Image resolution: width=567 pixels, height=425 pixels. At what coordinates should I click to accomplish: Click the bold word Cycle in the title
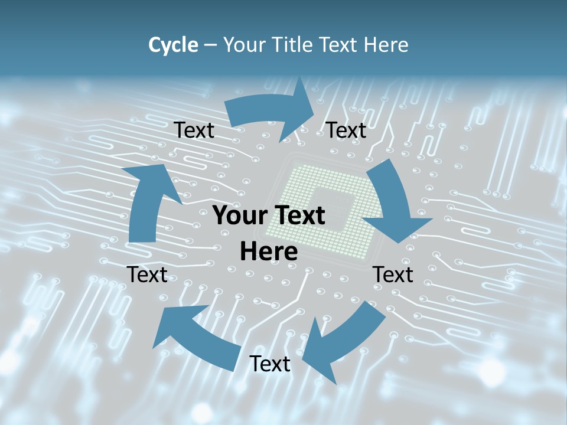(x=173, y=45)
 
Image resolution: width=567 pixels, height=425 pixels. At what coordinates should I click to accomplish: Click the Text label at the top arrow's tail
(x=194, y=130)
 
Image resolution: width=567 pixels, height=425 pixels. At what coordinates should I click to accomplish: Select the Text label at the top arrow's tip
(x=346, y=130)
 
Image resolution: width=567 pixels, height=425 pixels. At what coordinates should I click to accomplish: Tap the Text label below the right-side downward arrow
(x=393, y=274)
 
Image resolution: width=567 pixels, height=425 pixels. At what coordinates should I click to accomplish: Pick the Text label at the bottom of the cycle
(x=270, y=364)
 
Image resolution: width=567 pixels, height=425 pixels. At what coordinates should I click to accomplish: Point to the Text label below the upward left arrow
(x=147, y=274)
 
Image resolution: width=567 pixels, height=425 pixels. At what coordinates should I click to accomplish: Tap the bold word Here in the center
(x=269, y=252)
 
